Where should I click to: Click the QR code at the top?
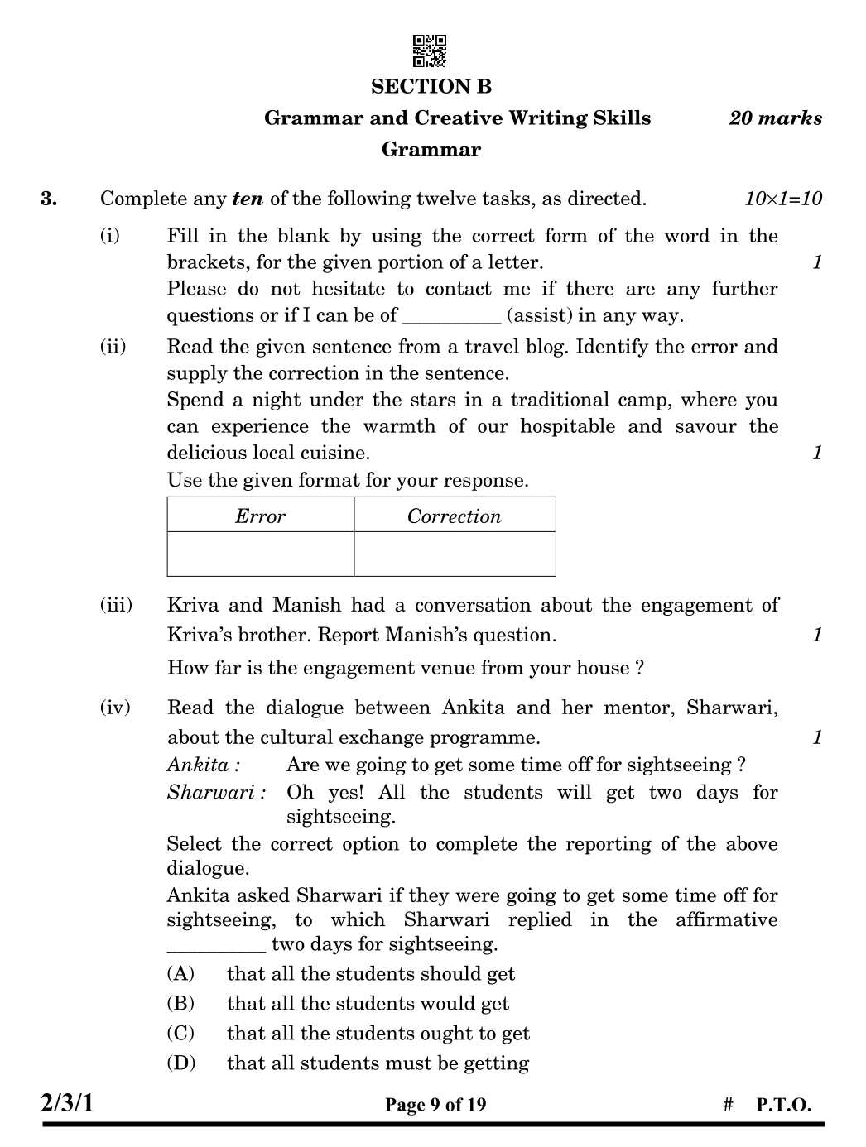(430, 50)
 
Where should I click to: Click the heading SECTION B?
(431, 87)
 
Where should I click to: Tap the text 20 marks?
(776, 118)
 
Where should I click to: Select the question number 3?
(49, 199)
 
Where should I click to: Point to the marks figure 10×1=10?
(783, 199)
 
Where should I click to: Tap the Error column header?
(260, 516)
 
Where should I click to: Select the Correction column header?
(454, 516)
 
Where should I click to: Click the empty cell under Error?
(260, 554)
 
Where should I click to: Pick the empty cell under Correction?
(455, 554)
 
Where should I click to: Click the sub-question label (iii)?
(116, 605)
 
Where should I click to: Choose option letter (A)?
(180, 974)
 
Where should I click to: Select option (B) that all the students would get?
(368, 1004)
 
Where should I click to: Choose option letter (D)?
(180, 1063)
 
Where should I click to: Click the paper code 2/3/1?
(68, 1103)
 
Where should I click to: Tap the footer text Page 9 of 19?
(435, 1105)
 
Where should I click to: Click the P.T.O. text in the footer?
(783, 1105)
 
